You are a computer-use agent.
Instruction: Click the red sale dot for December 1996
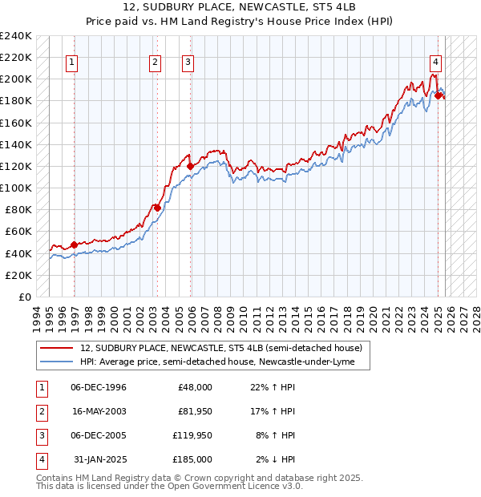[x=75, y=244]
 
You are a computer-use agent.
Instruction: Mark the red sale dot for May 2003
[x=158, y=208]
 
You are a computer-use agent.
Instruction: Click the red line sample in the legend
[x=56, y=348]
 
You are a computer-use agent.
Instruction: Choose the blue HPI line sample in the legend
[x=56, y=362]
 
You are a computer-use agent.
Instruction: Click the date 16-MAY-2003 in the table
[x=99, y=411]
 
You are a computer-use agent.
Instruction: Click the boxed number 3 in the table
[x=40, y=435]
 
